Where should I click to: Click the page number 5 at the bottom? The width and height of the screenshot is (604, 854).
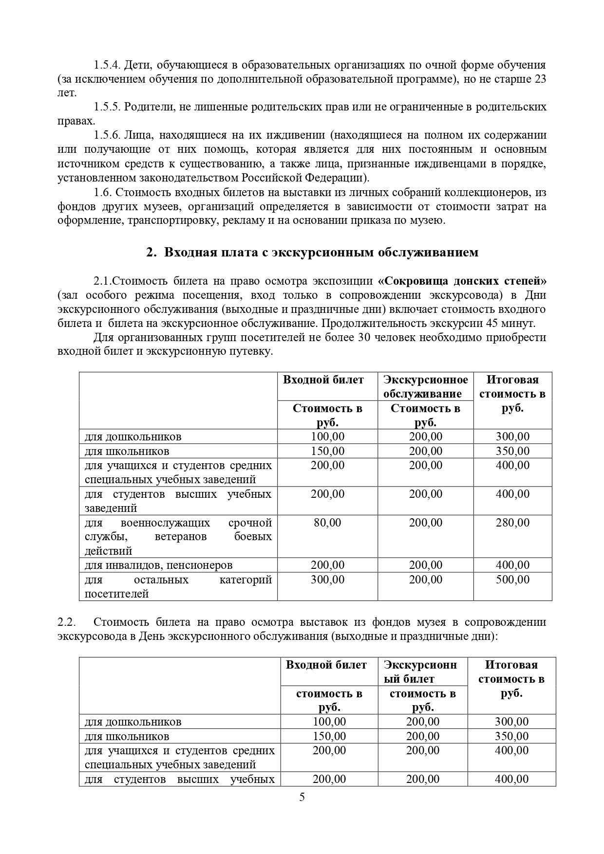pyautogui.click(x=302, y=797)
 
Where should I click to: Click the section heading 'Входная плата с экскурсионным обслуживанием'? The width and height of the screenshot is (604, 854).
pyautogui.click(x=321, y=252)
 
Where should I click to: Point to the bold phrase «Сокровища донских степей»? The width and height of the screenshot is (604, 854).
pyautogui.click(x=462, y=281)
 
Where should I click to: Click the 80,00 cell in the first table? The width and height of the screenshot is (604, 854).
pyautogui.click(x=327, y=523)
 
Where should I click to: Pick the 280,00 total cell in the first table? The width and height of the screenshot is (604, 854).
pyautogui.click(x=512, y=523)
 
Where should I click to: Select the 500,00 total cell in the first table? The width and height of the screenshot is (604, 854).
pyautogui.click(x=512, y=580)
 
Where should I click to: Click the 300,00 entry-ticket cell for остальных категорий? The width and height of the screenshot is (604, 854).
pyautogui.click(x=327, y=580)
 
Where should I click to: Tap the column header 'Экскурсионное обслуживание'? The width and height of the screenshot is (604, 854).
pyautogui.click(x=425, y=386)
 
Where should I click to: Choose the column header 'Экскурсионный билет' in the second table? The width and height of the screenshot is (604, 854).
pyautogui.click(x=420, y=672)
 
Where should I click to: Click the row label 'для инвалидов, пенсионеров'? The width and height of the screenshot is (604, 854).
pyautogui.click(x=158, y=565)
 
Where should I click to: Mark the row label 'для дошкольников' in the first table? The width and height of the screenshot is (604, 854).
pyautogui.click(x=133, y=436)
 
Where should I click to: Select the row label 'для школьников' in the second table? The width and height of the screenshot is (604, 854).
pyautogui.click(x=127, y=736)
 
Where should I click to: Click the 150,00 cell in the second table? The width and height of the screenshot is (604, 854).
pyautogui.click(x=329, y=736)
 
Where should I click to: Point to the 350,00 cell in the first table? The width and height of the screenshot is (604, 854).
pyautogui.click(x=512, y=451)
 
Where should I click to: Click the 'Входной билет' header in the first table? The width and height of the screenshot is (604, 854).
pyautogui.click(x=323, y=380)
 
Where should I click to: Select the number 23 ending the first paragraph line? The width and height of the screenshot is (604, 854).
pyautogui.click(x=540, y=79)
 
